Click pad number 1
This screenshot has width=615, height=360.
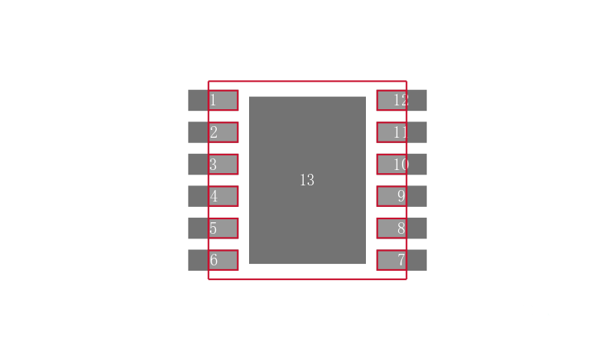(213, 100)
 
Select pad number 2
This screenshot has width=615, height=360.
(213, 132)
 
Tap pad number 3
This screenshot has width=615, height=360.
(213, 164)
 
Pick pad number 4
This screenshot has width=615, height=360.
(213, 196)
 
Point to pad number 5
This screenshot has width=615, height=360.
(213, 228)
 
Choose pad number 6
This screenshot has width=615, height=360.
(213, 260)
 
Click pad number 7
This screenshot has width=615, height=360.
(401, 260)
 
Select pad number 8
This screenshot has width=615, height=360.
(401, 228)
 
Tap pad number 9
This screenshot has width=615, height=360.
(401, 196)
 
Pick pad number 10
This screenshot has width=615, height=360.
(401, 164)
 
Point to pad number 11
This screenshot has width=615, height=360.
(401, 132)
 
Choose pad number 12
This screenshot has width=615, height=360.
(401, 100)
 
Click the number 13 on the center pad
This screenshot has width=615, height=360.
(307, 180)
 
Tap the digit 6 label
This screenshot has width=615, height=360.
(214, 260)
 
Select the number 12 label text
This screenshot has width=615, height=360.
(401, 100)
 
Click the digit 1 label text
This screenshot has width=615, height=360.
(213, 100)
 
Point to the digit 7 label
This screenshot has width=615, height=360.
(401, 260)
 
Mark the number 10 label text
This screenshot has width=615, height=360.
(401, 164)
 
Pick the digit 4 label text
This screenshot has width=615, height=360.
(214, 196)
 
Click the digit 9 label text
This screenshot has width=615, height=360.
(401, 196)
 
